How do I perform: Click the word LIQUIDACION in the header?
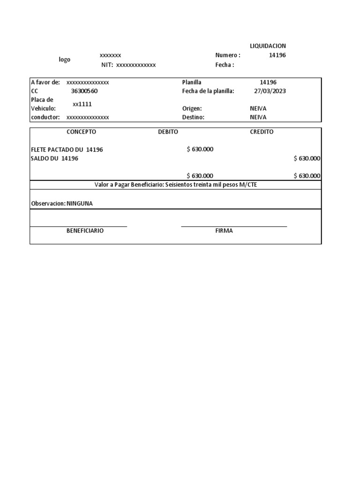(268, 46)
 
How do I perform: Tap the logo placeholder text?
(64, 60)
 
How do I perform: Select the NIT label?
(107, 65)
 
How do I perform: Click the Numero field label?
(227, 55)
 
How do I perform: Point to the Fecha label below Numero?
(225, 65)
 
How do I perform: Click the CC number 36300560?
(84, 91)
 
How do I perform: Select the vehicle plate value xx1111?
(82, 104)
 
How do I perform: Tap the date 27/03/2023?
(270, 91)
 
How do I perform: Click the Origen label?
(192, 109)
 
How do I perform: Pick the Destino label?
(193, 117)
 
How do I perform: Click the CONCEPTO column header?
(81, 132)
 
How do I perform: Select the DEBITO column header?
(168, 132)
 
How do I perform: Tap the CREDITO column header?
(262, 132)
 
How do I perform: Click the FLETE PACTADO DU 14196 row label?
(67, 150)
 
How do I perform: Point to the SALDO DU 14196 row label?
(54, 158)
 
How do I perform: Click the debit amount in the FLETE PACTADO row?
(200, 150)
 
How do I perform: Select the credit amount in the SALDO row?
(307, 158)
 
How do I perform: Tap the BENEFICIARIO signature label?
(85, 231)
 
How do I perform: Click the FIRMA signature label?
(224, 231)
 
